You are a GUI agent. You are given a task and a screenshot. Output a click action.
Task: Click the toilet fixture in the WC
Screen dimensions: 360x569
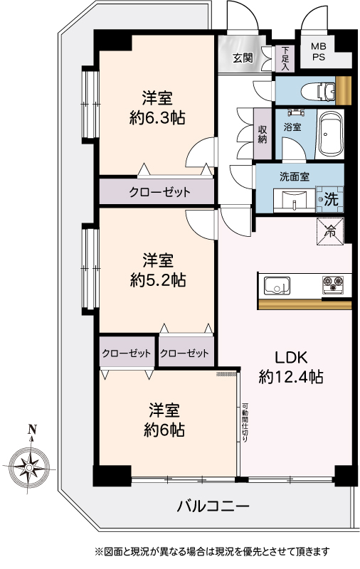tap(318, 91)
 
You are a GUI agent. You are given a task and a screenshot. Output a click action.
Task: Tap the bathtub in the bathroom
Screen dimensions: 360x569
tap(330, 133)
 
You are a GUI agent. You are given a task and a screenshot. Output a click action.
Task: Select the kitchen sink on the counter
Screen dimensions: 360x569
tap(277, 286)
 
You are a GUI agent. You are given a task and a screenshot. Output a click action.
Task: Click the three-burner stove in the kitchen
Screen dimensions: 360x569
tap(333, 284)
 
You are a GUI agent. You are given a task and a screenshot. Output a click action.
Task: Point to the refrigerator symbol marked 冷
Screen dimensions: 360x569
tap(330, 232)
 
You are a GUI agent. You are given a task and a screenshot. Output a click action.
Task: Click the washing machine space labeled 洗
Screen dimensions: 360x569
tap(329, 199)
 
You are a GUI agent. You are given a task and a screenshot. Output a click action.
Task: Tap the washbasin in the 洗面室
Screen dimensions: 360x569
tap(295, 200)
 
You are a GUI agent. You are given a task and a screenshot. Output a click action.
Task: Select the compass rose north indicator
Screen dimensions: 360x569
tap(29, 461)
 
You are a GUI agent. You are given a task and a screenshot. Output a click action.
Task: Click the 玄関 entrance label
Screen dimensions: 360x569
tap(243, 58)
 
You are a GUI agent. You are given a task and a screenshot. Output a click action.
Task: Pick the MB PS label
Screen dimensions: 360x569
tap(318, 52)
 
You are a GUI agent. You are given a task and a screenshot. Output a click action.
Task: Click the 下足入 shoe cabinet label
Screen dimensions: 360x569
tap(285, 59)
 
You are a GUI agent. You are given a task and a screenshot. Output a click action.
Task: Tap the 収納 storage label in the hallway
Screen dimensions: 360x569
tap(263, 134)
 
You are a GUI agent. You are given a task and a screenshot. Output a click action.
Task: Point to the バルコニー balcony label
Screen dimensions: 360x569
tap(213, 506)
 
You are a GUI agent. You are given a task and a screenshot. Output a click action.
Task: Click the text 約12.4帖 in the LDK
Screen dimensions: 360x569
tap(291, 378)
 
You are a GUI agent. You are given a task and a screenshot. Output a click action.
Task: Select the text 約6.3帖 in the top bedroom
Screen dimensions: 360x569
tap(157, 118)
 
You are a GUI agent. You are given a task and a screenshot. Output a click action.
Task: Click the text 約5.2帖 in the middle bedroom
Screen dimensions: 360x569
tap(158, 280)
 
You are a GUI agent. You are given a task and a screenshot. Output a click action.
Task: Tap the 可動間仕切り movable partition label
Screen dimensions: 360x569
tap(245, 422)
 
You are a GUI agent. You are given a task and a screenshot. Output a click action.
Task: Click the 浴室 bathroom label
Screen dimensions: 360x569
tap(292, 127)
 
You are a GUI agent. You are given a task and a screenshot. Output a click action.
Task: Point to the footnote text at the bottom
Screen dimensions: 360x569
tap(212, 552)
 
